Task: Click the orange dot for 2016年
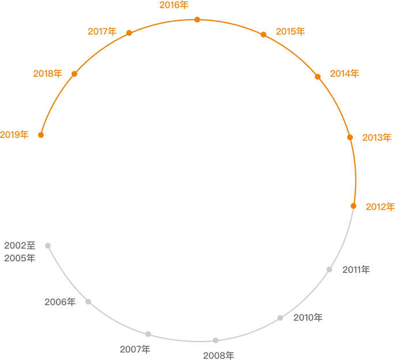pos(197,20)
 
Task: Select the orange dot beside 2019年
pos(41,135)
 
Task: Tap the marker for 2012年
pos(353,206)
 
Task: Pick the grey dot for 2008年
pos(216,340)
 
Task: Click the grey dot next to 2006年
pos(88,302)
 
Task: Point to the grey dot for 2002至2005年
pos(48,246)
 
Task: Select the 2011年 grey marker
pos(329,269)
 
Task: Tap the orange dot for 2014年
pos(318,77)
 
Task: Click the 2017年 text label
pos(102,32)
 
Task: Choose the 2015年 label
pos(290,32)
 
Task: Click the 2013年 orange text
pos(377,138)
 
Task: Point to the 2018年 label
pos(48,74)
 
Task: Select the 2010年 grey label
pos(308,318)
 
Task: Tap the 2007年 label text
pos(135,350)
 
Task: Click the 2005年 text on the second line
pos(20,258)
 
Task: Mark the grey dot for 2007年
pos(148,334)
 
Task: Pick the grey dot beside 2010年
pos(280,318)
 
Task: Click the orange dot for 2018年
pos(74,74)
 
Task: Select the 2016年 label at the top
pos(174,5)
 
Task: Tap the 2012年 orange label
pos(380,207)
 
